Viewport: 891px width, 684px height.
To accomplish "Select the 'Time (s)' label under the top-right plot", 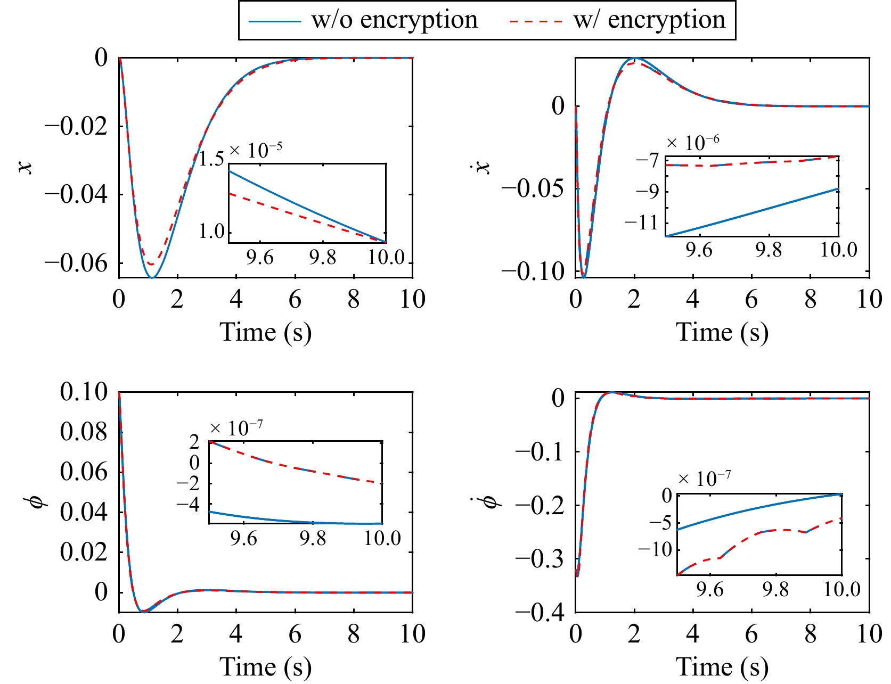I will [722, 332].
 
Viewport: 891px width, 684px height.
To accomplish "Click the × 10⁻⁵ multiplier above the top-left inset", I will [256, 150].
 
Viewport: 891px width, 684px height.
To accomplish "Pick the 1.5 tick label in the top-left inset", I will [211, 159].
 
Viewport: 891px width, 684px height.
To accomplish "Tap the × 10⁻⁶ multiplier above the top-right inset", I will [692, 143].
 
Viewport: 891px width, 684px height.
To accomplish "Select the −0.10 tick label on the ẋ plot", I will [533, 271].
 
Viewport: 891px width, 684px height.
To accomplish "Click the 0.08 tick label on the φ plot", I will [84, 432].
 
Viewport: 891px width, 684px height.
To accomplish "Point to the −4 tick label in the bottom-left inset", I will [189, 504].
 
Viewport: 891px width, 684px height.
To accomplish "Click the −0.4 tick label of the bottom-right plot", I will [539, 613].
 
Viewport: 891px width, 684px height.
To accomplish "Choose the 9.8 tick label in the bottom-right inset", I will [775, 590].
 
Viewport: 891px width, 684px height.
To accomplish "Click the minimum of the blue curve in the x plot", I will [152, 277].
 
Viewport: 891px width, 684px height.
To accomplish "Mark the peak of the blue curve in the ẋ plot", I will [635, 59].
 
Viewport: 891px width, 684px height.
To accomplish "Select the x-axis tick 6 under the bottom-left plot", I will [295, 634].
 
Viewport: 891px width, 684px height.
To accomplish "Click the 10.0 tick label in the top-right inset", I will [838, 250].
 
